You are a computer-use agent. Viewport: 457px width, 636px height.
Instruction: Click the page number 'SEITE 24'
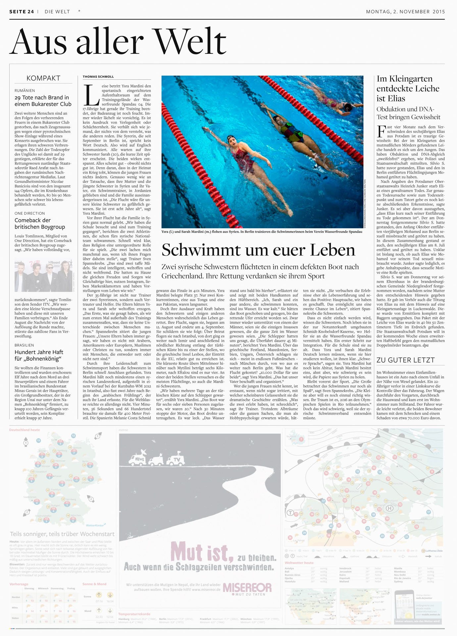click(22, 12)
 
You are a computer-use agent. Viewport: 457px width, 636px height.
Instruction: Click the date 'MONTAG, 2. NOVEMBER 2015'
click(405, 12)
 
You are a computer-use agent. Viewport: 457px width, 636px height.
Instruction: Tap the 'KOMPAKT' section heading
click(43, 78)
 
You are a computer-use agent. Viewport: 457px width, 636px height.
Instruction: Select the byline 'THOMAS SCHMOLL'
click(98, 77)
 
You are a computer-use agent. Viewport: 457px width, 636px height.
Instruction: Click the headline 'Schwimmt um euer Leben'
click(258, 250)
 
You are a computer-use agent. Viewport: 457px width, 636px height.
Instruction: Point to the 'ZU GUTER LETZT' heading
click(406, 360)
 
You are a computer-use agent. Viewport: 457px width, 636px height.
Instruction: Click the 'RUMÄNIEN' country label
click(25, 90)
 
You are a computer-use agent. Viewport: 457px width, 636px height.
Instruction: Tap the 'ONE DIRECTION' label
click(29, 213)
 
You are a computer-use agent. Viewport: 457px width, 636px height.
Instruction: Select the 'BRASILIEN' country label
click(24, 345)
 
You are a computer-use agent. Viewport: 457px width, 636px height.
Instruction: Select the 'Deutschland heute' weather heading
click(25, 430)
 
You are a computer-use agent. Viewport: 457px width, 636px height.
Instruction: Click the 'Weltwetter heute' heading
click(299, 563)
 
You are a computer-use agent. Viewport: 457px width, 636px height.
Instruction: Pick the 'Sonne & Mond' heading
click(94, 584)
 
